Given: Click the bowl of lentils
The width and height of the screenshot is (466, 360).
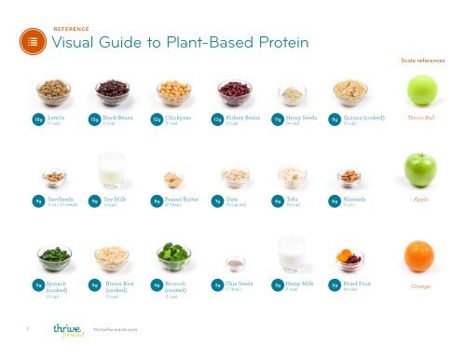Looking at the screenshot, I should pyautogui.click(x=53, y=90).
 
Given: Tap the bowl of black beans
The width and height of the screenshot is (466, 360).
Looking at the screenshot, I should pyautogui.click(x=113, y=90).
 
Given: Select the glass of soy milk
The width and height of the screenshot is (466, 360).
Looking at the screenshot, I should pyautogui.click(x=112, y=170).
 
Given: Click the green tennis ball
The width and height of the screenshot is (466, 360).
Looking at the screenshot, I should pyautogui.click(x=420, y=90).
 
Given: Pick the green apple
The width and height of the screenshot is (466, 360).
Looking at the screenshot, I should pyautogui.click(x=419, y=170).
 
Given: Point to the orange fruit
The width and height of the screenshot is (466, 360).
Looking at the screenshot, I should pyautogui.click(x=419, y=255).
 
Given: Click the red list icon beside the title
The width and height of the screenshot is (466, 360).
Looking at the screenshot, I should pyautogui.click(x=33, y=43).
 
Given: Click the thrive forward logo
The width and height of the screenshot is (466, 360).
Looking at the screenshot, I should pyautogui.click(x=67, y=329).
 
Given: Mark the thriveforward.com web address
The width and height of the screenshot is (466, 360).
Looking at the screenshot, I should pyautogui.click(x=116, y=329).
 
